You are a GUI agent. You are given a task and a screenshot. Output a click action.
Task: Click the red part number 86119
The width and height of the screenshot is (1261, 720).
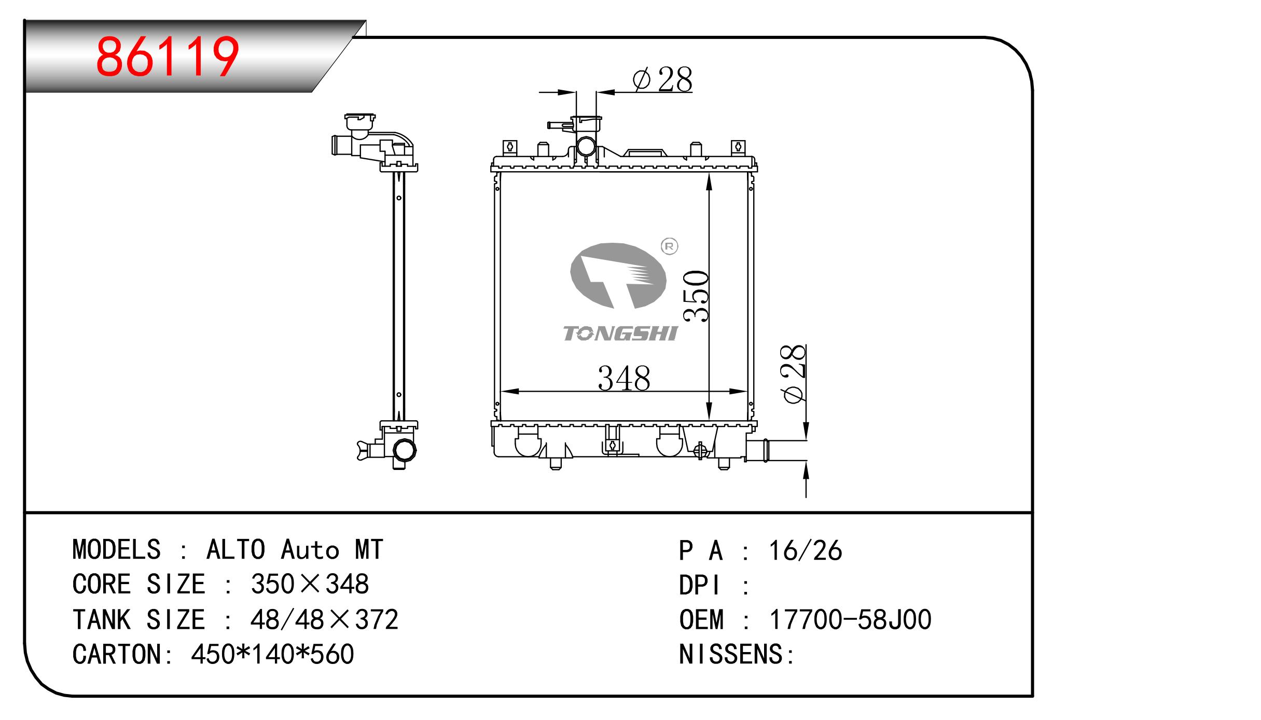[167, 57]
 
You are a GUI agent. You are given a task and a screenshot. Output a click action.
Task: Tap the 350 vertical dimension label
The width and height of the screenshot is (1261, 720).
[696, 296]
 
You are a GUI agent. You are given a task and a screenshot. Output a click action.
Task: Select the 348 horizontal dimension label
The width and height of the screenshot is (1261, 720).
[624, 379]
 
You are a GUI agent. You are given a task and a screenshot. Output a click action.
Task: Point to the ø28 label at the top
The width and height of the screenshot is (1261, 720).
[662, 80]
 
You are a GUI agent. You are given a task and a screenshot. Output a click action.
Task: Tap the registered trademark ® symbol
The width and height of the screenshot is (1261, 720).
[669, 247]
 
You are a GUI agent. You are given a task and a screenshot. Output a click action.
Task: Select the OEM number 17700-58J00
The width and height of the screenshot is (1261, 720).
[850, 619]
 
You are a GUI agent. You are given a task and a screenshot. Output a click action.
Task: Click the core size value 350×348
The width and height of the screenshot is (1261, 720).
[310, 584]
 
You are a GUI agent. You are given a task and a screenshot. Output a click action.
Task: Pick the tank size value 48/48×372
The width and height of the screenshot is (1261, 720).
[324, 619]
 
